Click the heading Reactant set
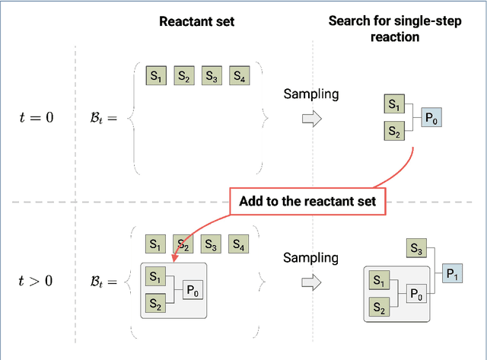click(x=196, y=21)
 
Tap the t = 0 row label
click(x=37, y=117)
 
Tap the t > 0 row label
click(x=36, y=281)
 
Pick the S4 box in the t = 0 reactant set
click(x=239, y=76)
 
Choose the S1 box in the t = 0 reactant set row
click(x=156, y=76)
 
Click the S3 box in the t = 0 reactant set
click(x=212, y=76)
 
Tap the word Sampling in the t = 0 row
click(x=310, y=94)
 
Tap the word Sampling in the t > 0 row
click(x=310, y=258)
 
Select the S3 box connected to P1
click(x=415, y=249)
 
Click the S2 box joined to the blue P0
click(x=393, y=132)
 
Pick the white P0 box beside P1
click(x=416, y=294)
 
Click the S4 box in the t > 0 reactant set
click(x=239, y=245)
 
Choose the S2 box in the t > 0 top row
click(x=183, y=245)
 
